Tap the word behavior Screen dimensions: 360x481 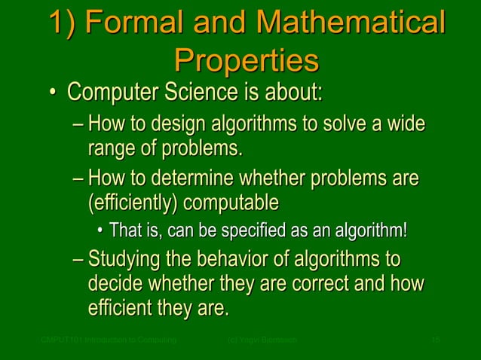244,261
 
